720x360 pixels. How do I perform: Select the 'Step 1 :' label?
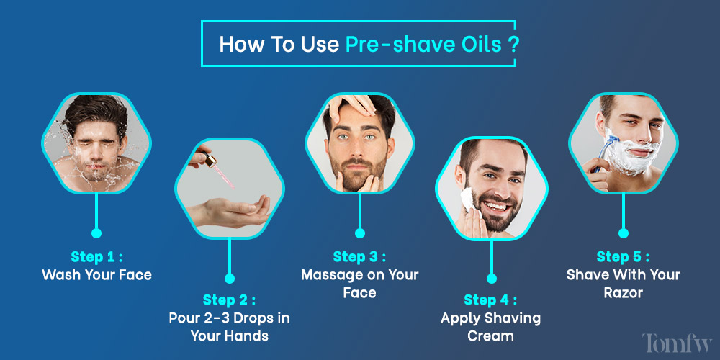coord(96,256)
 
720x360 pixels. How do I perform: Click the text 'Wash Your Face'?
coord(96,274)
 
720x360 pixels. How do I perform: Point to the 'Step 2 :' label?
coord(229,300)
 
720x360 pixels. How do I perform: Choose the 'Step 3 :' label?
coord(359,256)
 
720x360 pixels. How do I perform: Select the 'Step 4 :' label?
coord(490,300)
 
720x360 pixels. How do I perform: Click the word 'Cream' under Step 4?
coord(490,335)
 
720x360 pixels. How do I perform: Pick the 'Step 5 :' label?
coord(624,256)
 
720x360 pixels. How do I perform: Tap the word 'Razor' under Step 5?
coord(624,293)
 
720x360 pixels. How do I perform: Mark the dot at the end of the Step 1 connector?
coord(96,233)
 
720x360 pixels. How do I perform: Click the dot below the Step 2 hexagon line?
coord(229,277)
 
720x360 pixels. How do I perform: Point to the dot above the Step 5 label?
coord(624,233)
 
